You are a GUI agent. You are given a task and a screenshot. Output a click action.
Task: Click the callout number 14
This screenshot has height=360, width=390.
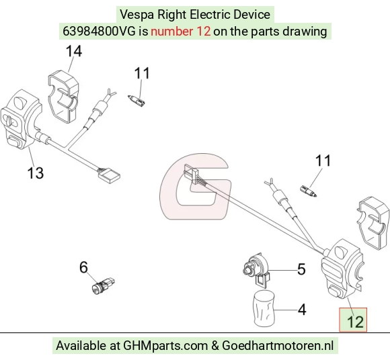[74, 52]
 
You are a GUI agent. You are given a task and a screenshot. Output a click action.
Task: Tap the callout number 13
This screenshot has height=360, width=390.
[36, 173]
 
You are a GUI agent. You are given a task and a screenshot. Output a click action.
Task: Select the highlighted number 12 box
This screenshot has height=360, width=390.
[353, 320]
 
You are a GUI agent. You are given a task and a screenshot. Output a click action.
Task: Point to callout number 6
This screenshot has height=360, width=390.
[83, 267]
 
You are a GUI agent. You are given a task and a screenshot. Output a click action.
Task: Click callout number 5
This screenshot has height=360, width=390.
[301, 269]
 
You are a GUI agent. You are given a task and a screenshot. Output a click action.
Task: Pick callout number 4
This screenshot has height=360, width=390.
[302, 310]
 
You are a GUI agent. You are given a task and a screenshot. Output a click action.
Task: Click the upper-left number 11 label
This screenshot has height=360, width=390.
[142, 73]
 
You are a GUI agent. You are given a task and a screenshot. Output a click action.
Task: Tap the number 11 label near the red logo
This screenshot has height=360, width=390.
[323, 161]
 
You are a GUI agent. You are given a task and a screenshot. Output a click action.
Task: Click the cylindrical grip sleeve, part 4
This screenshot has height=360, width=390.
[264, 308]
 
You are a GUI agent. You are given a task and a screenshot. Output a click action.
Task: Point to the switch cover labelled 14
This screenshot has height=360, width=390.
[63, 97]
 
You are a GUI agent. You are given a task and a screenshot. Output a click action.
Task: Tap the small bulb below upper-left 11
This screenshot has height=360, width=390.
[136, 101]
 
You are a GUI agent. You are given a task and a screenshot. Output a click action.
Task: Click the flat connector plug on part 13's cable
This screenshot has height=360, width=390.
[109, 175]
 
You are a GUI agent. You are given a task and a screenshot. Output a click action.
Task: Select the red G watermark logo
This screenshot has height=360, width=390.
[195, 186]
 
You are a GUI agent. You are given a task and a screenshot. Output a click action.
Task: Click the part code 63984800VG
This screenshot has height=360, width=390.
[99, 32]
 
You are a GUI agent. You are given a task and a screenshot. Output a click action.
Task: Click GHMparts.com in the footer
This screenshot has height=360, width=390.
[165, 346]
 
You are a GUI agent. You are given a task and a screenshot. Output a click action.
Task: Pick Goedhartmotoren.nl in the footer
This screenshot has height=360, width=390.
[278, 346]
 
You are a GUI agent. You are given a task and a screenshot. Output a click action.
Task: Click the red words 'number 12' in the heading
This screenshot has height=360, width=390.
[181, 32]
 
